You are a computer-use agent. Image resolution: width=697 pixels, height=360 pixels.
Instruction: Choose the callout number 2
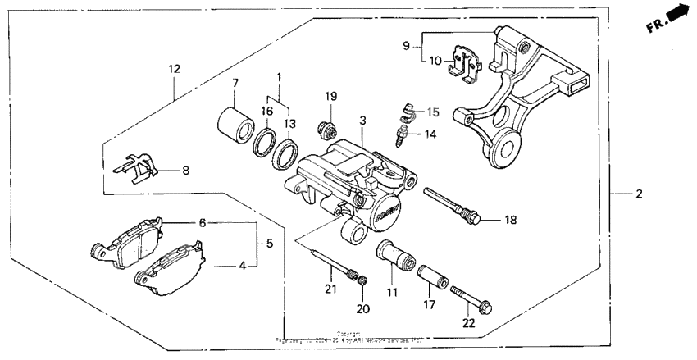point(639,194)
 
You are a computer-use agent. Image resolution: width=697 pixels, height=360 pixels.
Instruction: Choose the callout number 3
point(361,121)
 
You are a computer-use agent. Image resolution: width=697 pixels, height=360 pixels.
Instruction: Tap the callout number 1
point(279,76)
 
